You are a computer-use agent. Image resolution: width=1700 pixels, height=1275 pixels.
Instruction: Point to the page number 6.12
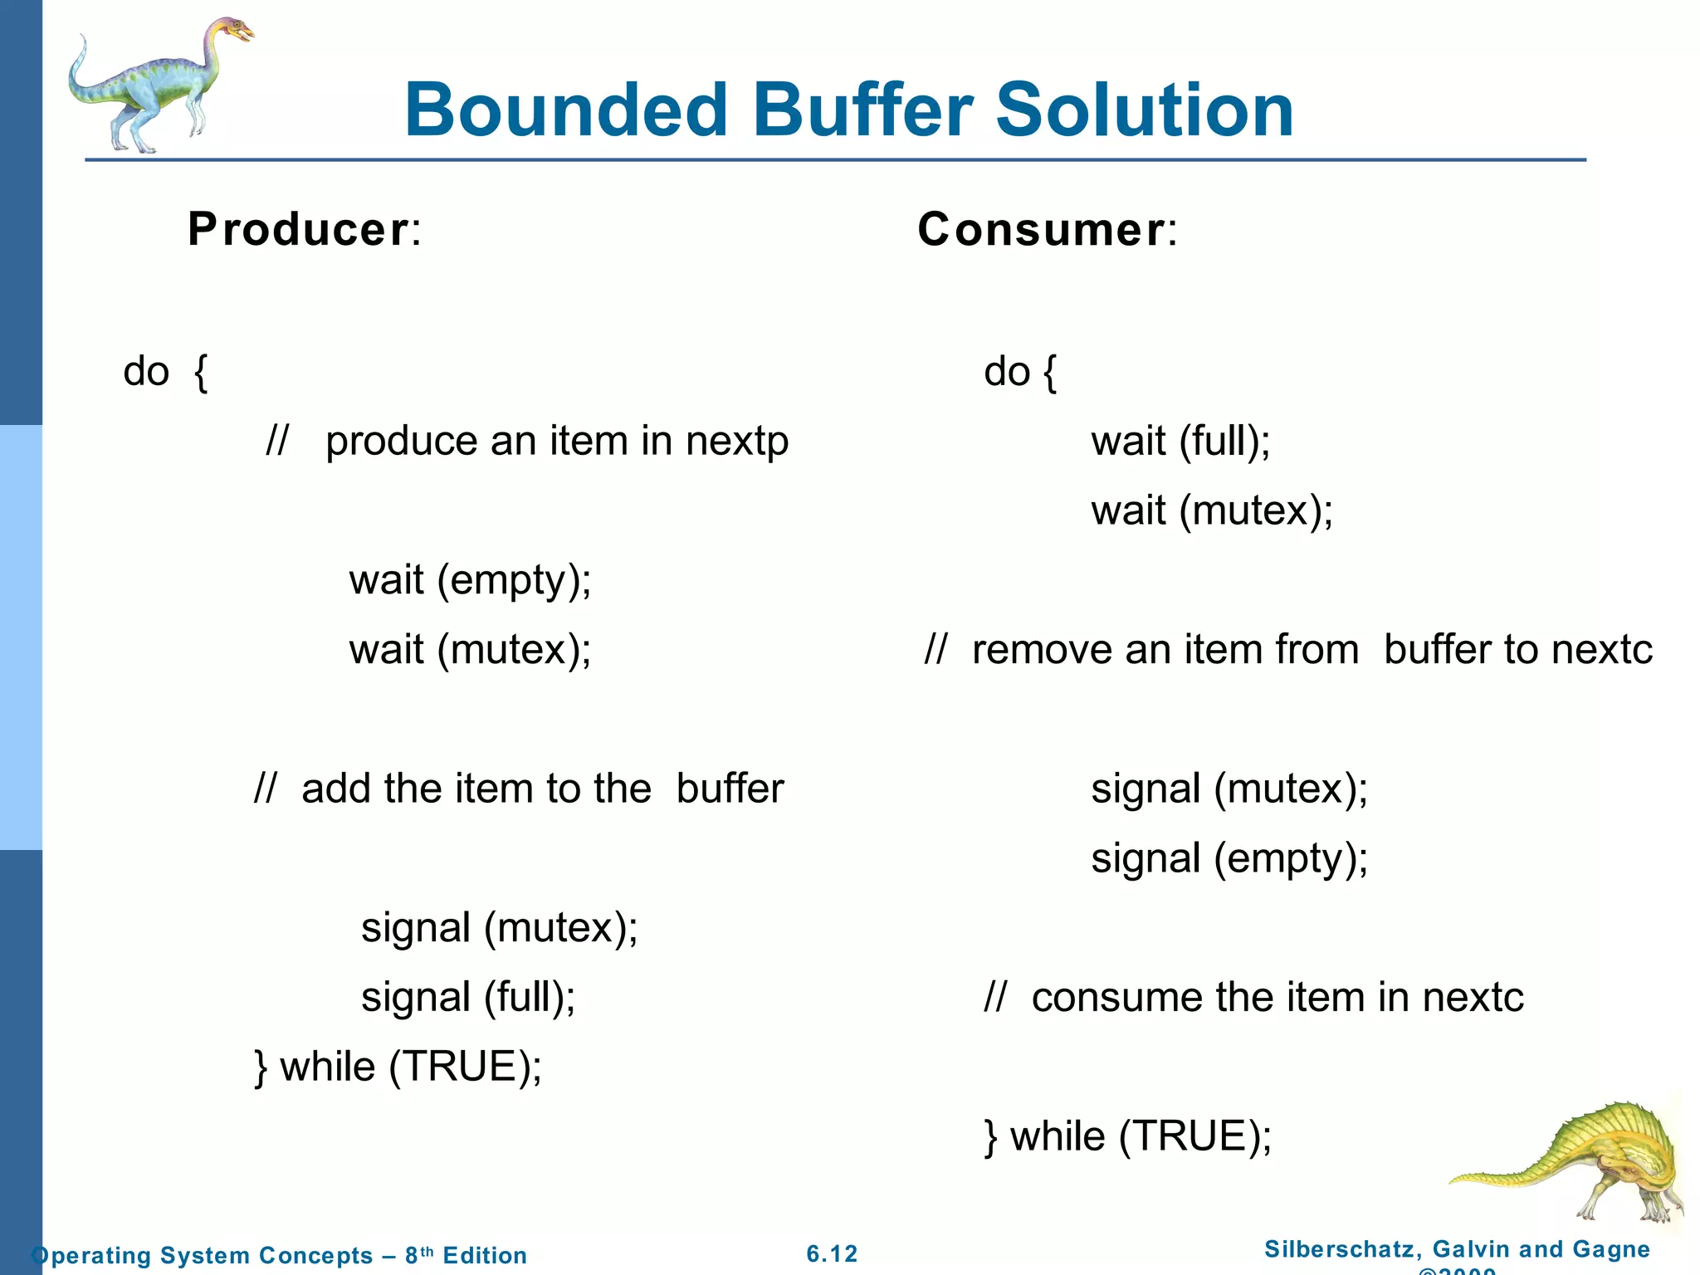(x=832, y=1253)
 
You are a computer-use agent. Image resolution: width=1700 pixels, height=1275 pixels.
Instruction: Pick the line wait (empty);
(x=470, y=580)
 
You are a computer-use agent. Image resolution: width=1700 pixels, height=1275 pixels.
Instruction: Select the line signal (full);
(x=468, y=997)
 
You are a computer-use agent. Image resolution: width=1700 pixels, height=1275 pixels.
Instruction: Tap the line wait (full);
(x=1180, y=442)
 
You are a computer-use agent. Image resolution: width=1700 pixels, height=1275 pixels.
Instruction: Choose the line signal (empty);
(x=1229, y=858)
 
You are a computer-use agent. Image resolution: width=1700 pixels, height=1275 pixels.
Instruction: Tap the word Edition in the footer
(x=485, y=1255)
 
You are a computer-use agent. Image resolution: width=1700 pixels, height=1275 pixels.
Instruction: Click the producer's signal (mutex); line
(x=500, y=927)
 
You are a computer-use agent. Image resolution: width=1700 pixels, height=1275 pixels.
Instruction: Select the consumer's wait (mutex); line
(x=1212, y=510)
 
